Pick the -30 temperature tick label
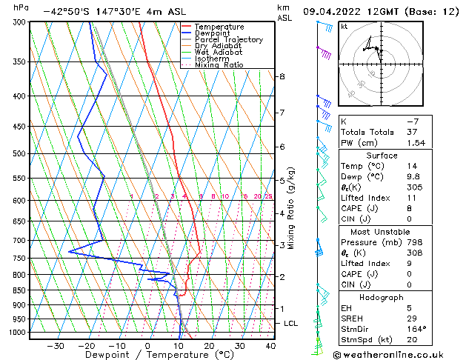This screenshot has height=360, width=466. click(56, 345)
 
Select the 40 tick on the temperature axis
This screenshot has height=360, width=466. click(270, 345)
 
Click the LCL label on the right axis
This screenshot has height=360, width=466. click(291, 323)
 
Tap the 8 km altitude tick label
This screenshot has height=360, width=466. click(282, 76)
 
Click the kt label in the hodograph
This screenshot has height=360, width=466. click(344, 27)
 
